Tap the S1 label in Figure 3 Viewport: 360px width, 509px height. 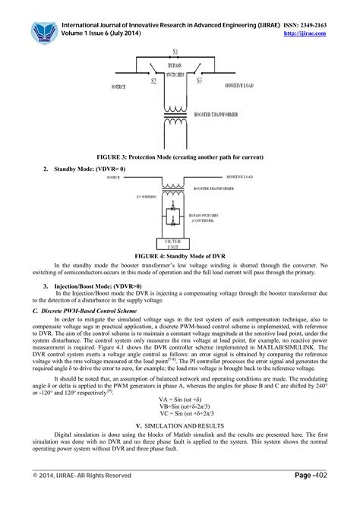pyautogui.click(x=176, y=51)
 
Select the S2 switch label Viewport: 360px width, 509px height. pyautogui.click(x=153, y=80)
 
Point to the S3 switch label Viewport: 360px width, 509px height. pyautogui.click(x=200, y=80)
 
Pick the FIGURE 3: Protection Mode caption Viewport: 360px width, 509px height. pyautogui.click(x=178, y=156)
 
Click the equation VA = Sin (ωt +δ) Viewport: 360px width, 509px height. pyautogui.click(x=179, y=397)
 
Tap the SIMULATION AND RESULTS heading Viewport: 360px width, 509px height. pyautogui.click(x=181, y=427)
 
